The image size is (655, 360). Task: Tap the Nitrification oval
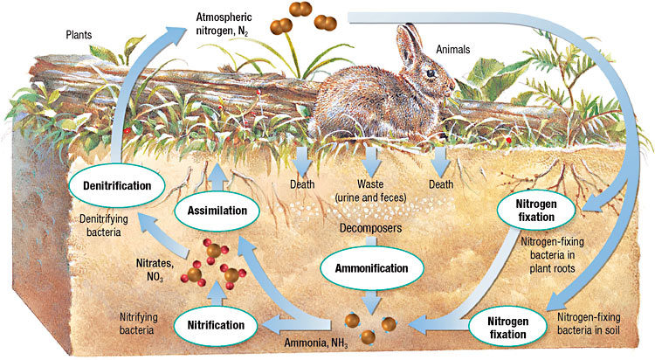coord(217,323)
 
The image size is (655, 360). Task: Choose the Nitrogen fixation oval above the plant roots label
coord(535,209)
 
